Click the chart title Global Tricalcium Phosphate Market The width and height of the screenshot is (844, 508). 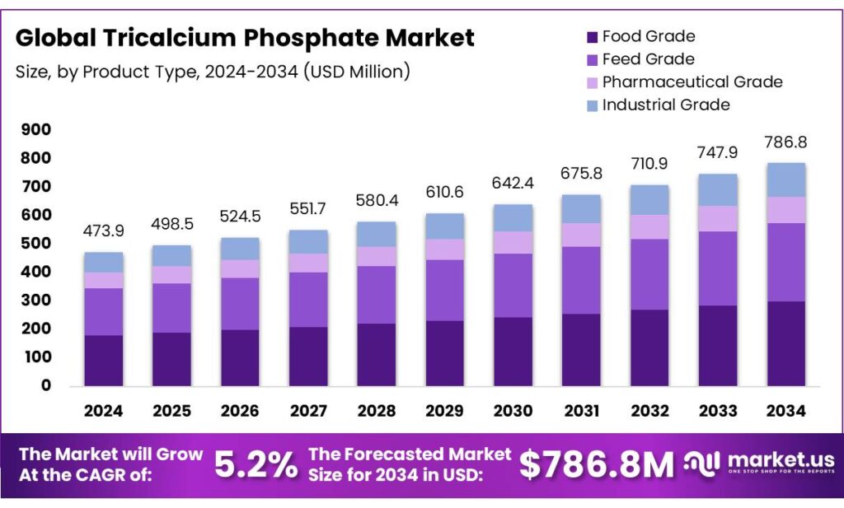245,38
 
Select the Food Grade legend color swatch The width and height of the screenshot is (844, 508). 592,37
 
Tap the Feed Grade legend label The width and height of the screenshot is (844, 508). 648,59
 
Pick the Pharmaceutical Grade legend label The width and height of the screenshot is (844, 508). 692,82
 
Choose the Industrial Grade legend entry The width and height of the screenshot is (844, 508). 666,105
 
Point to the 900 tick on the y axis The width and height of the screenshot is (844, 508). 33,130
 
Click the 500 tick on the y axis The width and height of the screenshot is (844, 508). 33,244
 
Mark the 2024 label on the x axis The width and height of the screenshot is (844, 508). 103,411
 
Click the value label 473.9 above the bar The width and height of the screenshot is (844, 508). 103,232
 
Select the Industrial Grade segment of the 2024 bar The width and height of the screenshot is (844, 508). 103,262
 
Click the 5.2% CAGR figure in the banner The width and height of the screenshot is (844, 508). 256,465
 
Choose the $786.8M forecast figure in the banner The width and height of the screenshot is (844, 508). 597,465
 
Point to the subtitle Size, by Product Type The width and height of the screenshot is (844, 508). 213,72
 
